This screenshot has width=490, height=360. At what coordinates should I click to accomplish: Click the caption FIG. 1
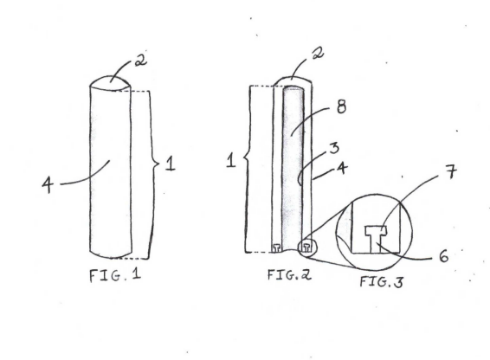point(115,275)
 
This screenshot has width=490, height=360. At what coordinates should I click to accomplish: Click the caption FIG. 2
point(289,274)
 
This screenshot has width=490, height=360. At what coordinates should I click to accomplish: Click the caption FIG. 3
point(382,282)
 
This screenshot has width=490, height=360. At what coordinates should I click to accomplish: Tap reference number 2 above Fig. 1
point(141,60)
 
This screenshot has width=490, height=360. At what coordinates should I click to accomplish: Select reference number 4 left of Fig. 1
point(48,184)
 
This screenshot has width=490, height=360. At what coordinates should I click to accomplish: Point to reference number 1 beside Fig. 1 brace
point(171,164)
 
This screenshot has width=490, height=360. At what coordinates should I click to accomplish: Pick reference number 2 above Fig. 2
point(318,53)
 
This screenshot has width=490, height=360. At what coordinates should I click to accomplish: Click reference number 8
point(342,107)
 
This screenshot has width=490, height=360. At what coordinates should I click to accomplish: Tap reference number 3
point(334,147)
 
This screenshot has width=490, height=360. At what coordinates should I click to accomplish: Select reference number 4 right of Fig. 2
point(343,168)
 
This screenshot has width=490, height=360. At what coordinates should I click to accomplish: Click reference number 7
point(451,171)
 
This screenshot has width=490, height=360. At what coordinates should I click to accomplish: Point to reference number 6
point(443,256)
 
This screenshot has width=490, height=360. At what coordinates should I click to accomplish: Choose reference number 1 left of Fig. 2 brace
point(231,161)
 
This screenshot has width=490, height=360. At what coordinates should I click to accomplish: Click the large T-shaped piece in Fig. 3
point(376,239)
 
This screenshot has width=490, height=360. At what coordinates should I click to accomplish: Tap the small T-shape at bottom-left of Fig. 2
point(277,247)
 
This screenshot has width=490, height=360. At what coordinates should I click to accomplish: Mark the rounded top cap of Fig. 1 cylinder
point(110,83)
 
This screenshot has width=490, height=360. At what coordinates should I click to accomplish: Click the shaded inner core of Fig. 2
point(293,169)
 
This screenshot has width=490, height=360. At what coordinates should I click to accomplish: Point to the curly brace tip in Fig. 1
point(158,164)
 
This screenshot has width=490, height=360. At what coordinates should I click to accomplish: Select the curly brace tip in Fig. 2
point(243,160)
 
